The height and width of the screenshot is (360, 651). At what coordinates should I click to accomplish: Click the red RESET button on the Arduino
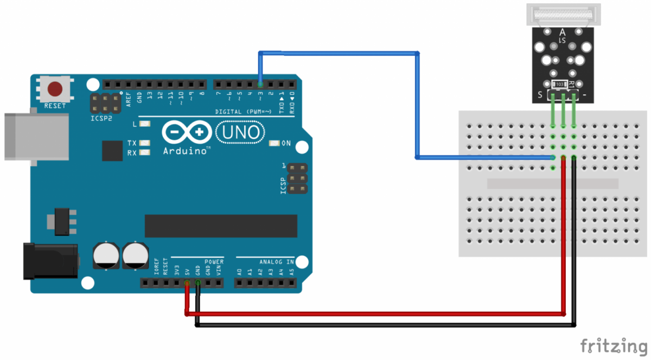point(55,88)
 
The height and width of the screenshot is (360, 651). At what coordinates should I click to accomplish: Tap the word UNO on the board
point(240,132)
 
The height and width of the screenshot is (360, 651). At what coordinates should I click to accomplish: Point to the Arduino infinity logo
point(186,132)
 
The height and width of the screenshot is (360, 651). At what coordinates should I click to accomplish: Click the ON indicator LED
point(274,144)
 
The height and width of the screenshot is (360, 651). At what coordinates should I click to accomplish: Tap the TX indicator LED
point(144,143)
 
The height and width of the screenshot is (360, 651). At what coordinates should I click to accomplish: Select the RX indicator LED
point(144,153)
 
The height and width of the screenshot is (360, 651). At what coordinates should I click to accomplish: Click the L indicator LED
point(144,124)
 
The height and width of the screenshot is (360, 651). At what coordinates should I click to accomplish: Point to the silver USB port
point(36,136)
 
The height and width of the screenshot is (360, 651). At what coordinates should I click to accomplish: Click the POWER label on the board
point(214,262)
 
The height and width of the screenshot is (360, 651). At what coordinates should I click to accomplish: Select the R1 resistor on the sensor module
point(560,85)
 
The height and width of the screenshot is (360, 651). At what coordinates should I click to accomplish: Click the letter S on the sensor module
point(540,95)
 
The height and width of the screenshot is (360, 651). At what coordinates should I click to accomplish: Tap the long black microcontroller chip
point(221,226)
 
